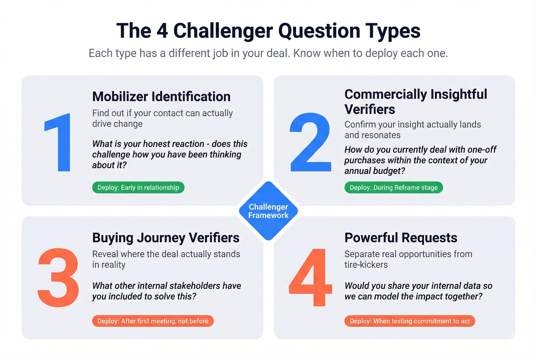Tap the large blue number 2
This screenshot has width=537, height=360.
pyautogui.click(x=310, y=142)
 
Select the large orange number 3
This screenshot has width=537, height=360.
pyautogui.click(x=58, y=278)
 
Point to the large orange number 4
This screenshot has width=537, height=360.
pyautogui.click(x=310, y=278)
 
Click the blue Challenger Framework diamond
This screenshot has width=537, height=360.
pyautogui.click(x=268, y=211)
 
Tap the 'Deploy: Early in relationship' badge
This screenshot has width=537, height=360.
pyautogui.click(x=138, y=187)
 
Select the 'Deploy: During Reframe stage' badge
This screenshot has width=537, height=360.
pyautogui.click(x=394, y=187)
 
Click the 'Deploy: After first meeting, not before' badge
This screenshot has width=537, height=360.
pyautogui.click(x=153, y=321)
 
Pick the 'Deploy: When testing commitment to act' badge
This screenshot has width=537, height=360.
pyautogui.click(x=410, y=321)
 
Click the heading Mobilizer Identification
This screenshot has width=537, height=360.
pyautogui.click(x=161, y=97)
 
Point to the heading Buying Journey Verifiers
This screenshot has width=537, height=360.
pyautogui.click(x=166, y=238)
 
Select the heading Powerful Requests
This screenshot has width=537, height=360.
pyautogui.click(x=401, y=238)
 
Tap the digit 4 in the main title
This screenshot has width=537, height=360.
pyautogui.click(x=162, y=31)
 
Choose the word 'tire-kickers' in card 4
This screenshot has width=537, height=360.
pyautogui.click(x=366, y=265)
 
